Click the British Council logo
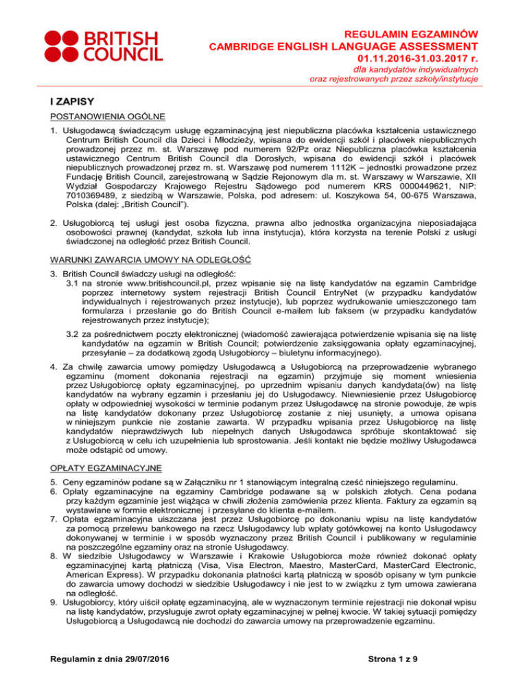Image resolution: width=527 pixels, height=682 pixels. pos(89,47)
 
